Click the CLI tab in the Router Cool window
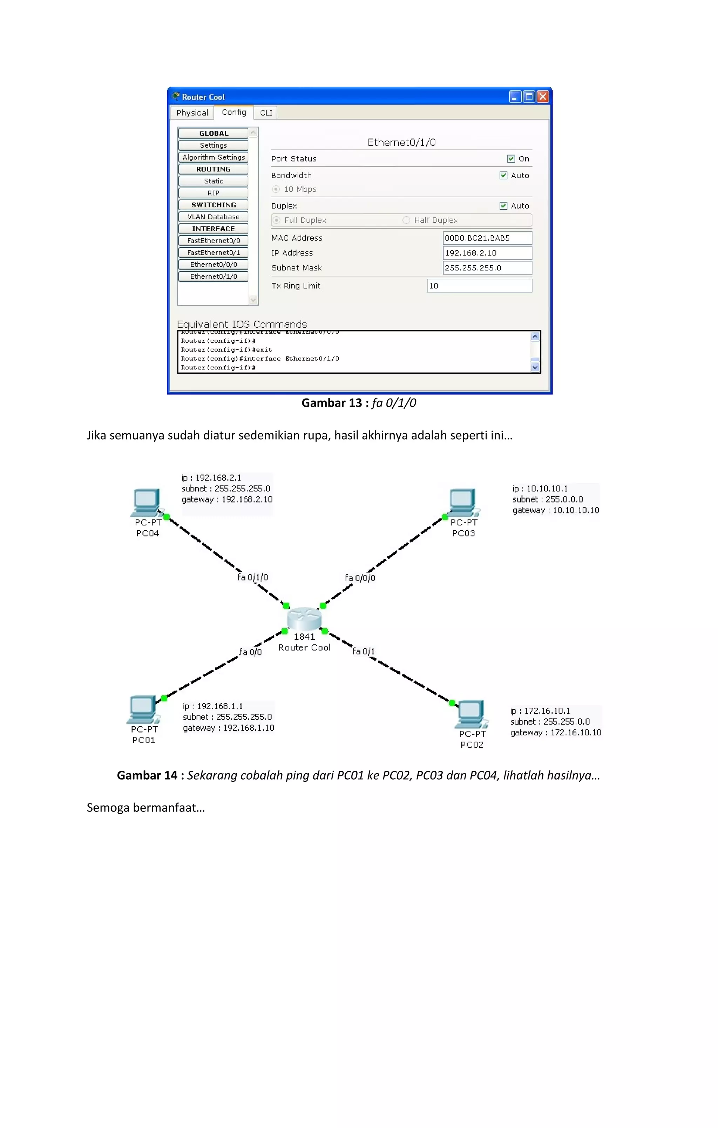click(266, 113)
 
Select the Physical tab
click(192, 113)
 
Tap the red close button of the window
click(543, 97)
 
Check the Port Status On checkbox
click(511, 159)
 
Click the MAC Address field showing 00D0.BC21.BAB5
click(487, 238)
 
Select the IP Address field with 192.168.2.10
click(487, 253)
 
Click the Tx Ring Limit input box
click(479, 286)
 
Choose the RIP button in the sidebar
click(213, 193)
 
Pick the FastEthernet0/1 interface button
click(213, 252)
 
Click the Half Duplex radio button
click(406, 220)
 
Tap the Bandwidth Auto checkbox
click(503, 175)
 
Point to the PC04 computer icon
click(146, 502)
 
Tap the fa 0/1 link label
click(363, 651)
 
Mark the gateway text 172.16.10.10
click(576, 732)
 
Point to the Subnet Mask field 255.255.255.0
click(487, 268)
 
